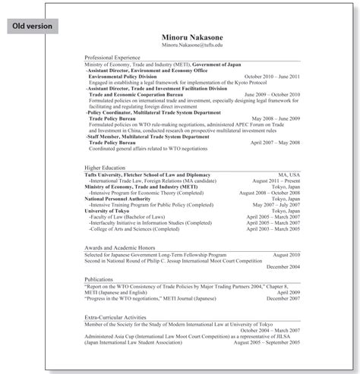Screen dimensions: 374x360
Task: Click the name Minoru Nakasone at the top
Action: (191, 36)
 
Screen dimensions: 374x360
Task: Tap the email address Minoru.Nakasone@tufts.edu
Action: (191, 46)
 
